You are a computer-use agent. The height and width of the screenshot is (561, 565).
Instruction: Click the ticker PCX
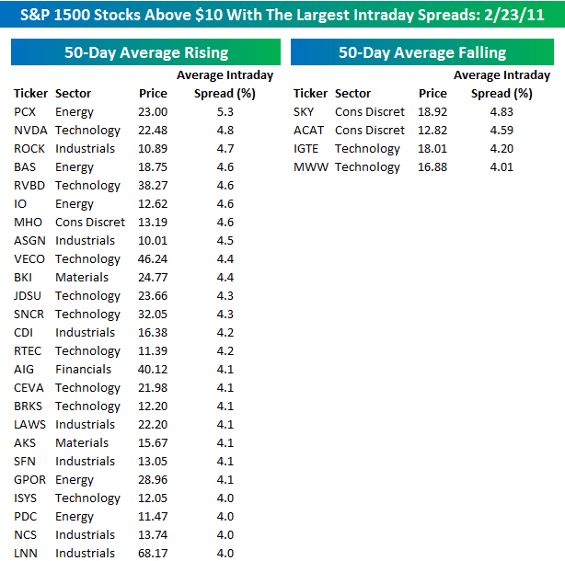tap(26, 111)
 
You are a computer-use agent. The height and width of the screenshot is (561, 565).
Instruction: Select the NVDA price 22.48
tap(153, 130)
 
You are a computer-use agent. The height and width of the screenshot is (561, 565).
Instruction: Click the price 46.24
tap(153, 258)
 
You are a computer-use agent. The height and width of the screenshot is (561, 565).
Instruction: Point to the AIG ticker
tap(25, 369)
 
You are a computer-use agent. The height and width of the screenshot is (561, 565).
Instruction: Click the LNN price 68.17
tap(153, 553)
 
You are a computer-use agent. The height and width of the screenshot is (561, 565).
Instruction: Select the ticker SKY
tap(304, 111)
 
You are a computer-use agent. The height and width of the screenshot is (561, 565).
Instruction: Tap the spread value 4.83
tap(502, 111)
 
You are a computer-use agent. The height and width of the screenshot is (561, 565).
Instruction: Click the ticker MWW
tap(309, 166)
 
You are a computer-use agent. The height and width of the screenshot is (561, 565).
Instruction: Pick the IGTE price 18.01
tap(432, 148)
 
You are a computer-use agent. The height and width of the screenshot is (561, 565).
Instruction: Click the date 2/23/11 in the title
tap(520, 16)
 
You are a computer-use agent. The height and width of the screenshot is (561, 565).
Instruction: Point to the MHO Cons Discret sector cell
tap(90, 222)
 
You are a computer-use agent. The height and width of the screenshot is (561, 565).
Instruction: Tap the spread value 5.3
tap(225, 111)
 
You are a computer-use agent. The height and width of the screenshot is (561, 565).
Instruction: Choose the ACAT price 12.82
tap(432, 130)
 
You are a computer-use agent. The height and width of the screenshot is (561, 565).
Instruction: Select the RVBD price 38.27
tap(153, 185)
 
